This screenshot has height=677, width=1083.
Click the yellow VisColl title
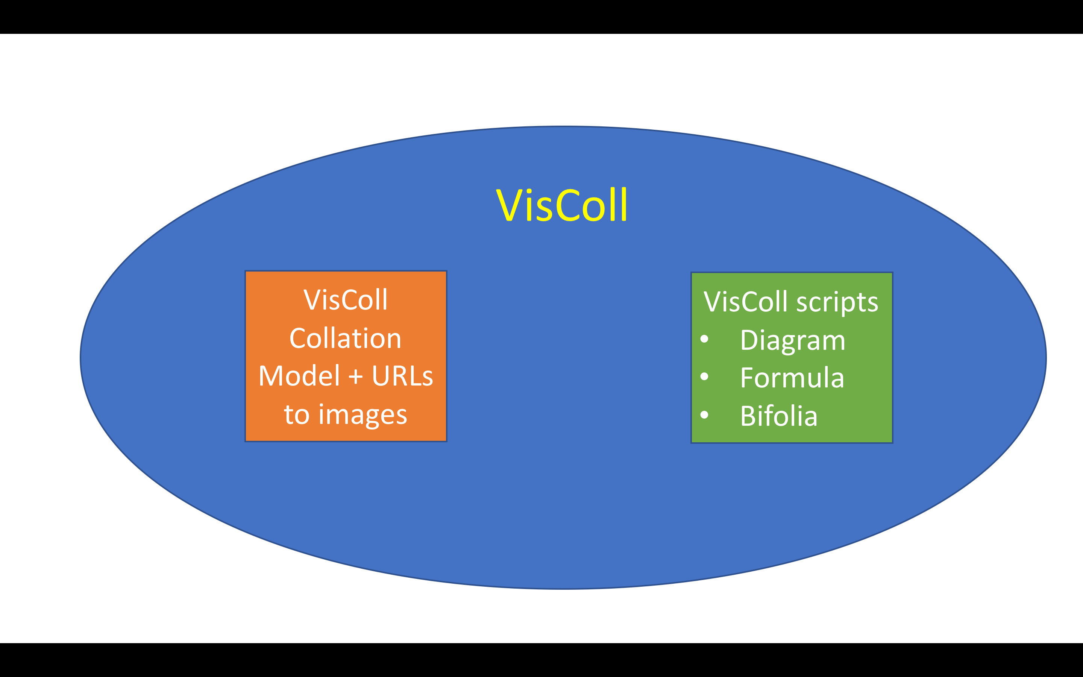pyautogui.click(x=562, y=205)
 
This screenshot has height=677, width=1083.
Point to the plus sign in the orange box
pyautogui.click(x=356, y=376)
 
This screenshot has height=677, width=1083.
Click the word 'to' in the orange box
pyautogui.click(x=296, y=414)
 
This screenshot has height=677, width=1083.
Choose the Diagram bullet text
pyautogui.click(x=793, y=341)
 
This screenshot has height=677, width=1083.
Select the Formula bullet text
pyautogui.click(x=792, y=378)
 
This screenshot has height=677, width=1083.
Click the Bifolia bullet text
pyautogui.click(x=779, y=416)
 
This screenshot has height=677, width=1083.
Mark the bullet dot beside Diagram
pyautogui.click(x=704, y=339)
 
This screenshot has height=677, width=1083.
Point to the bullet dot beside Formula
pyautogui.click(x=704, y=376)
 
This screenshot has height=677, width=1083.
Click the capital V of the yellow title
pyautogui.click(x=509, y=205)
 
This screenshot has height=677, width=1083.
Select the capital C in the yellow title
pyautogui.click(x=568, y=205)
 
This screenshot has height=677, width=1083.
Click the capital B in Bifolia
pyautogui.click(x=748, y=416)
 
